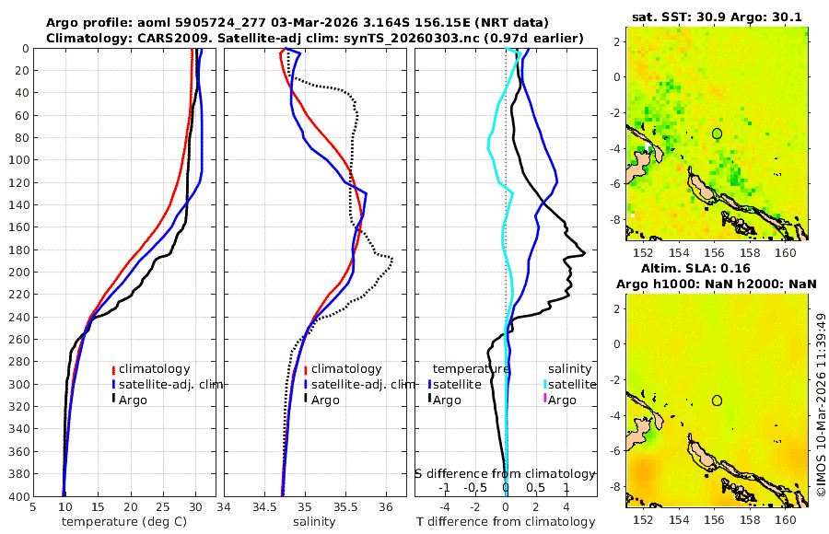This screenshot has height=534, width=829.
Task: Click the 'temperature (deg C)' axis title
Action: (123, 521)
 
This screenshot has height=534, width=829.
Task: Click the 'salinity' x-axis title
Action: (315, 521)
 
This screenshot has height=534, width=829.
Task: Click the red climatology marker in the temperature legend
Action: (113, 369)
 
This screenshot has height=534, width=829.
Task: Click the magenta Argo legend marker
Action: (544, 400)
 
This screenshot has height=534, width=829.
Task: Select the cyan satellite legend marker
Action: (544, 384)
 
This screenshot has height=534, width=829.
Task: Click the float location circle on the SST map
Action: (717, 133)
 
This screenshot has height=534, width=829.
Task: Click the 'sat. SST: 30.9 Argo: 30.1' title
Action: (717, 17)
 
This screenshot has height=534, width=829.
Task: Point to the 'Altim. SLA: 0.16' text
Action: (717, 268)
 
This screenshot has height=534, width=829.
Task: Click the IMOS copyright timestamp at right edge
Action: (821, 405)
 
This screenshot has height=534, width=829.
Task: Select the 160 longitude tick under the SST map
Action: (786, 252)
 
